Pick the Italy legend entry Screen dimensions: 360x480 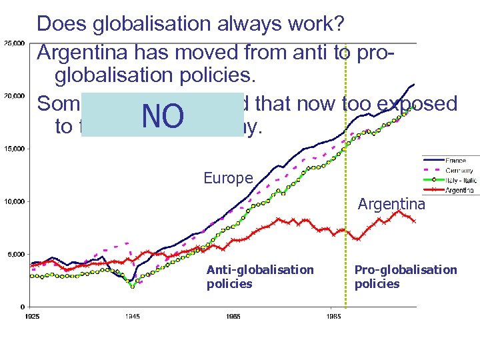coord(460,180)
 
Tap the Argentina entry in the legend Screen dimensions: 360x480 coord(460,189)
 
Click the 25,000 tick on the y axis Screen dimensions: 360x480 coord(14,43)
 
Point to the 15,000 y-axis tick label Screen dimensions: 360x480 coord(14,149)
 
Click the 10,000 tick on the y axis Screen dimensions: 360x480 coord(14,201)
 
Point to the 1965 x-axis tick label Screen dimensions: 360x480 coord(233,315)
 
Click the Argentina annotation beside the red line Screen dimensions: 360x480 coord(391,203)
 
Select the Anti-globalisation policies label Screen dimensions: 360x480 coord(260,277)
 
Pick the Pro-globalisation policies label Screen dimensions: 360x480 coord(405,277)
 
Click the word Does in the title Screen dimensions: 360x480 coord(63,25)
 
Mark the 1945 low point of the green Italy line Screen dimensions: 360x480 coord(133,286)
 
